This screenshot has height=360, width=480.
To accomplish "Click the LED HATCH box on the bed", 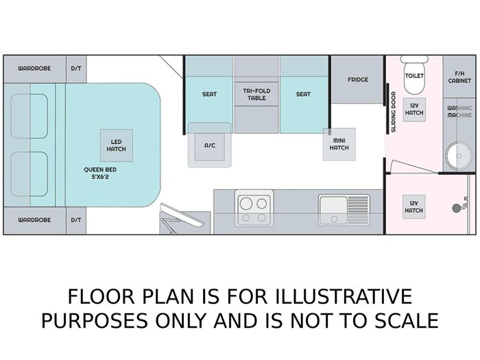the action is pyautogui.click(x=117, y=145).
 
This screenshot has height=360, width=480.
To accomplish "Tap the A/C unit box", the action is pyautogui.click(x=210, y=145).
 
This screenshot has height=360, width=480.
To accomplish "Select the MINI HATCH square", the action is pyautogui.click(x=339, y=144).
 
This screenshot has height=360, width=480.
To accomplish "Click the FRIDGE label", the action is pyautogui.click(x=358, y=80).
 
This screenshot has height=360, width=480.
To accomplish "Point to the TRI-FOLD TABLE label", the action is pyautogui.click(x=256, y=95).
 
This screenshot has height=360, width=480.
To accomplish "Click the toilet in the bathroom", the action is pyautogui.click(x=414, y=75).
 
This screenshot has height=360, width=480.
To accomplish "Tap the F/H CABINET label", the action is pyautogui.click(x=459, y=77).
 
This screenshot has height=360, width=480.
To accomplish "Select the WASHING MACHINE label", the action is pyautogui.click(x=459, y=111).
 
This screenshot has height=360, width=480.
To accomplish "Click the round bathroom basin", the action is pyautogui.click(x=459, y=156).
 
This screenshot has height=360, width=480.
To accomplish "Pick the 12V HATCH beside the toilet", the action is pyautogui.click(x=414, y=110).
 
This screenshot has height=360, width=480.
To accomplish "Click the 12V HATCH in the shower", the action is pyautogui.click(x=414, y=206).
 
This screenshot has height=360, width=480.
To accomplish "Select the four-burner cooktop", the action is pyautogui.click(x=254, y=208).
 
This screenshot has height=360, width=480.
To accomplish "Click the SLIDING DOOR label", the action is pyautogui.click(x=394, y=112).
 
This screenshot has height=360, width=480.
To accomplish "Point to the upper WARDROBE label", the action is pyautogui.click(x=34, y=69).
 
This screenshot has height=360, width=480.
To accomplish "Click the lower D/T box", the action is pyautogui.click(x=76, y=220).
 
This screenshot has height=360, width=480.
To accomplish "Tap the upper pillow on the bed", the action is pyautogui.click(x=29, y=117).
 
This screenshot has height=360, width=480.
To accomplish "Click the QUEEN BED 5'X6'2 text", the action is pyautogui.click(x=100, y=173).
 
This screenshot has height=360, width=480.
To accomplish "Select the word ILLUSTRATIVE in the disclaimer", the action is pyautogui.click(x=343, y=296).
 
